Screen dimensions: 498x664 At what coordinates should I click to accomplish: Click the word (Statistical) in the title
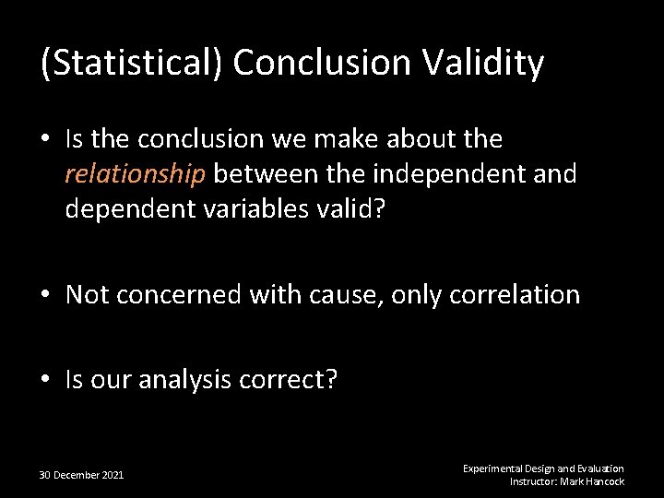pos(131,64)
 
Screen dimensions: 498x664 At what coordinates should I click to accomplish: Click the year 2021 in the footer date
pos(112,475)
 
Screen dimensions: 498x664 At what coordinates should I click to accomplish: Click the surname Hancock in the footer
pos(603,481)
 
